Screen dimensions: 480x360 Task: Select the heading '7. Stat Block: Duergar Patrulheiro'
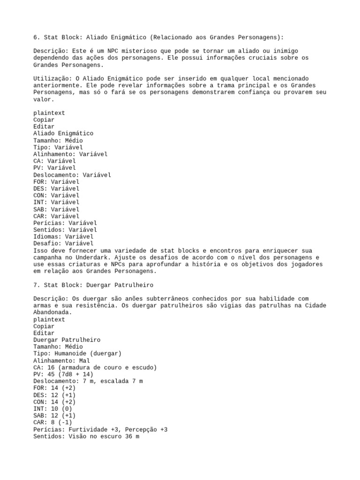[93, 285]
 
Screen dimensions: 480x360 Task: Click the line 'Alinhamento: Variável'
[70, 154]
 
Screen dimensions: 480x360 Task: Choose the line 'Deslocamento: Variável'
[72, 175]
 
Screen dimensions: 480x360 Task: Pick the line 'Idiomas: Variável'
[63, 237]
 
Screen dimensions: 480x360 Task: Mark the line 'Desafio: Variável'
[63, 243]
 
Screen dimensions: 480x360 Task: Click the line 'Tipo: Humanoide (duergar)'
[77, 353]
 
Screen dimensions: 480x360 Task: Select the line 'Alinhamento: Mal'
[61, 360]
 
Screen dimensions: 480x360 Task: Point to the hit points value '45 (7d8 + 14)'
[70, 374]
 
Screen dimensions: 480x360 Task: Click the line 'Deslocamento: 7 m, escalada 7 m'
[88, 381]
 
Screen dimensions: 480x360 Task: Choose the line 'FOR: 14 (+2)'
[54, 388]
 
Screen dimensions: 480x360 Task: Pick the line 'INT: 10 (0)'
[52, 409]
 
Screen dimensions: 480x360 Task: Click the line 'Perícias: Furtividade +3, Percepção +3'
[100, 429]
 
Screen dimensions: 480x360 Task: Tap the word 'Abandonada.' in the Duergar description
[52, 312]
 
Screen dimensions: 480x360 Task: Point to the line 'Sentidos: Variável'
[65, 230]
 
